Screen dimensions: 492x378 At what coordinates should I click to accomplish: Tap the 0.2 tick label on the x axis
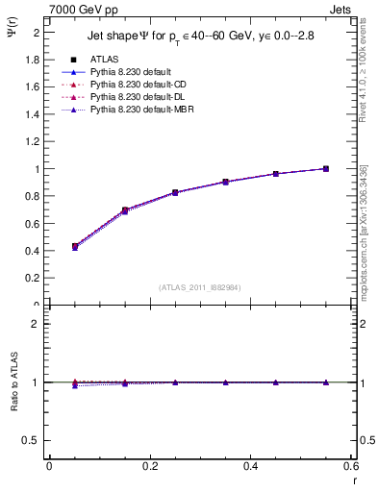149,465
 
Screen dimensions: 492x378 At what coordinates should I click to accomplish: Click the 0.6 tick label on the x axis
352,465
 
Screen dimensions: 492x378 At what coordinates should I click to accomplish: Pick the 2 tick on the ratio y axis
35,324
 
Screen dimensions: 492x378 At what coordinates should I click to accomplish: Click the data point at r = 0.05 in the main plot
75,246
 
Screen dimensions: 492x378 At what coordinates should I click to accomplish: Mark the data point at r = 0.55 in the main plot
326,169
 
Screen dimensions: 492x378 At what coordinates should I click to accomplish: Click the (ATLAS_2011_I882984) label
200,286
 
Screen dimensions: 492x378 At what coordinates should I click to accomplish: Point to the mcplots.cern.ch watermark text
364,231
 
